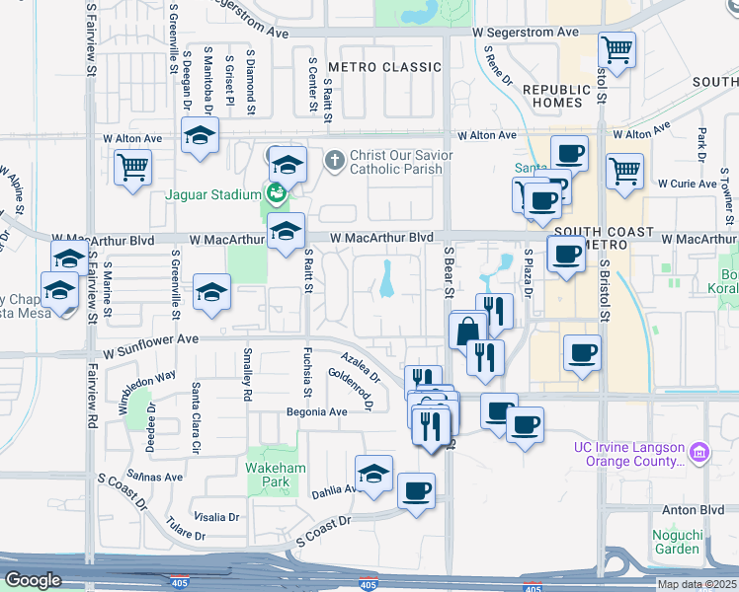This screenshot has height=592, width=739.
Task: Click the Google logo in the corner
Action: (33, 580)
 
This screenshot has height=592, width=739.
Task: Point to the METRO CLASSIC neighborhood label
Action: (383, 67)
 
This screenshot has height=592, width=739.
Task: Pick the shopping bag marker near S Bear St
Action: (467, 331)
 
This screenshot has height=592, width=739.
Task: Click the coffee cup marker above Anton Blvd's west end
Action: (417, 490)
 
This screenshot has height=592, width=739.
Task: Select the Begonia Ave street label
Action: (317, 411)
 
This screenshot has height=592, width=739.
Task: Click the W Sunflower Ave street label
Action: (146, 339)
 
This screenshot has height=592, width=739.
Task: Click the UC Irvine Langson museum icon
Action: (699, 453)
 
